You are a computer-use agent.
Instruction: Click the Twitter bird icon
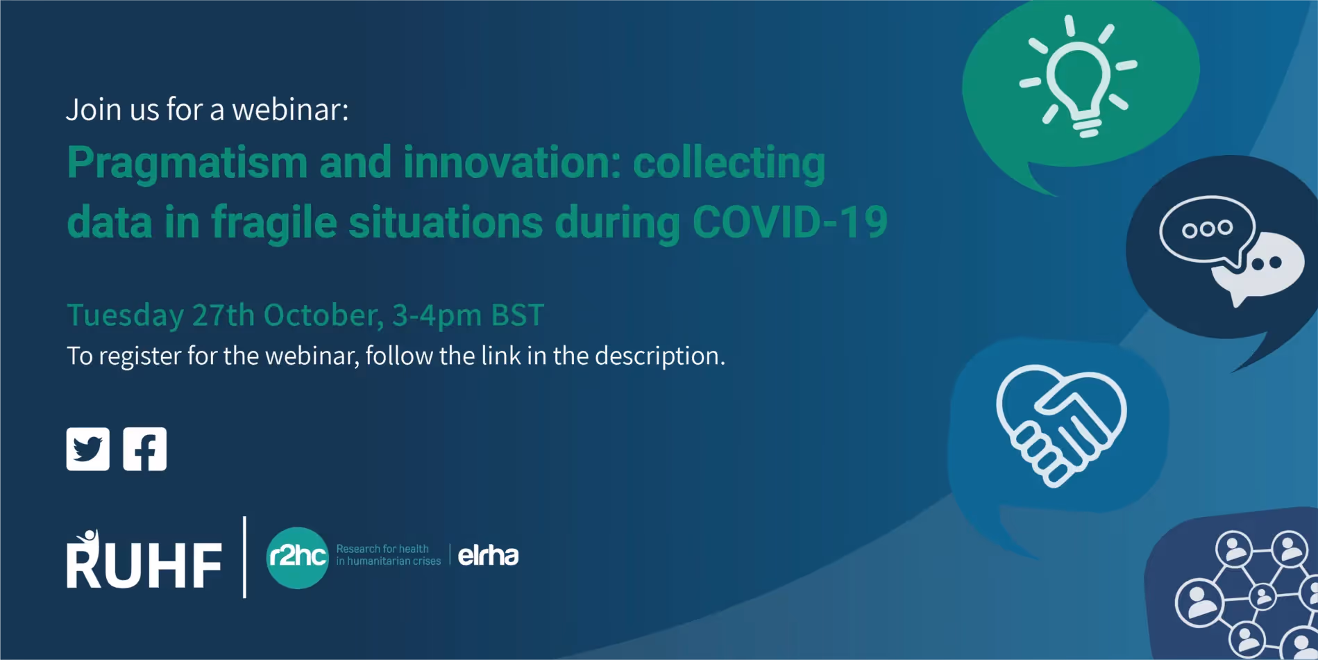pyautogui.click(x=87, y=449)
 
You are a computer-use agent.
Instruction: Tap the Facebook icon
pyautogui.click(x=144, y=449)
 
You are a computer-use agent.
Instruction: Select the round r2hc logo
pyautogui.click(x=297, y=557)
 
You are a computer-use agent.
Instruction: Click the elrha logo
pyautogui.click(x=488, y=555)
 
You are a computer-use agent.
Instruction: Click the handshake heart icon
pyautogui.click(x=1061, y=424)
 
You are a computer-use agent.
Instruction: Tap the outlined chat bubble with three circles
pyautogui.click(x=1208, y=231)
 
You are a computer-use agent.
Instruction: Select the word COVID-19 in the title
pyautogui.click(x=790, y=222)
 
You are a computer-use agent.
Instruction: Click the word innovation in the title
pyautogui.click(x=512, y=163)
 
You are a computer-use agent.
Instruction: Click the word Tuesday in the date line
pyautogui.click(x=126, y=315)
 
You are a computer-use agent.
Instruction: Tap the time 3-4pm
pyautogui.click(x=437, y=316)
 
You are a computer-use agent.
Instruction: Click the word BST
pyautogui.click(x=518, y=315)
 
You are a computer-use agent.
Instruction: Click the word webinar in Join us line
pyautogui.click(x=290, y=110)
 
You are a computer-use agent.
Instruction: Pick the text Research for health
pyautogui.click(x=382, y=549)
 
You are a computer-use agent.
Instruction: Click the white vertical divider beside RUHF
pyautogui.click(x=244, y=557)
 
